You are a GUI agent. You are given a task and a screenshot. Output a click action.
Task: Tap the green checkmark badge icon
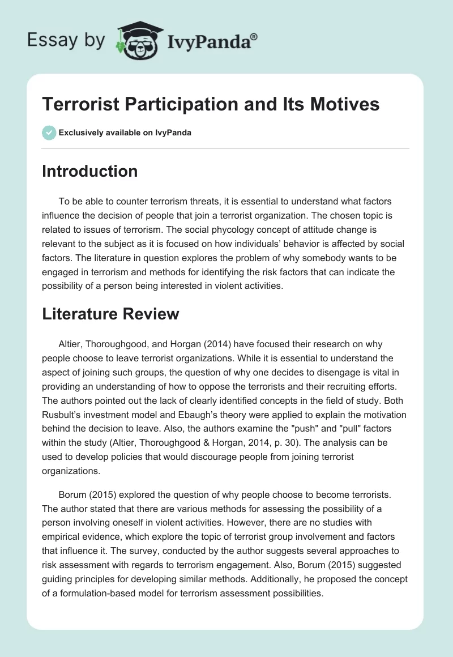pos(49,133)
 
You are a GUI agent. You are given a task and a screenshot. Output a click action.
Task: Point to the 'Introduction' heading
pos(89,171)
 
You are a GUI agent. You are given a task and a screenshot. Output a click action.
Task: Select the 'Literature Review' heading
pos(110,313)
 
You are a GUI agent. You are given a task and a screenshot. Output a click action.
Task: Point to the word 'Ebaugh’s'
pos(195,415)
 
